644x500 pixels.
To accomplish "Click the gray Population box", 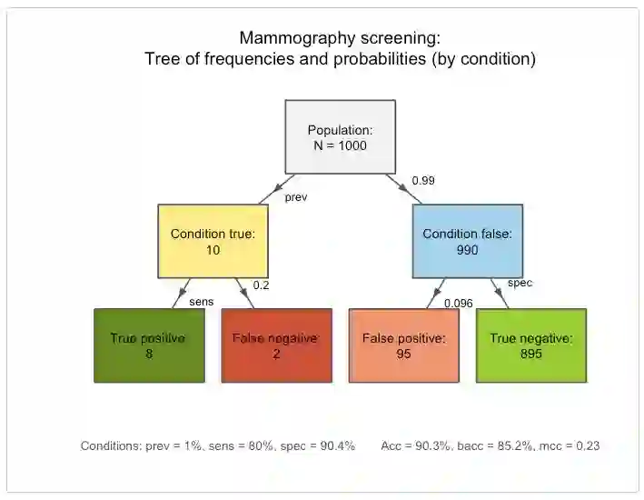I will point(340,136).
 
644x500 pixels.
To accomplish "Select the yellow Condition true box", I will point(213,241).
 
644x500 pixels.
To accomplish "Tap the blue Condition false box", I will point(467,241).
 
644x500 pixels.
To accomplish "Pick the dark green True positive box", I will point(148,345).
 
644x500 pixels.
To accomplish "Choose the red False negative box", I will point(275,345).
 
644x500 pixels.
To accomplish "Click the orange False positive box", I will point(403,345).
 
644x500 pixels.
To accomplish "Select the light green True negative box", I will point(530,345).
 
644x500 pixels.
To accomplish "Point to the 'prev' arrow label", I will point(295,197).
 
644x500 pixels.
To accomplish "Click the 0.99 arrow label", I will point(423,181).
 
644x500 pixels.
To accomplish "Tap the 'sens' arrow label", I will point(200,301).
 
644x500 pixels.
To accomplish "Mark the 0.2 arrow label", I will point(262,285).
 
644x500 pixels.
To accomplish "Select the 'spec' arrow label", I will point(520,283).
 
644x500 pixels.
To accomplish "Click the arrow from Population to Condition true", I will point(273,189).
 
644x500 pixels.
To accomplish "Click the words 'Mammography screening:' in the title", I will point(340,38).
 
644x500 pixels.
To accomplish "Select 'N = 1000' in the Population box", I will point(340,145).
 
